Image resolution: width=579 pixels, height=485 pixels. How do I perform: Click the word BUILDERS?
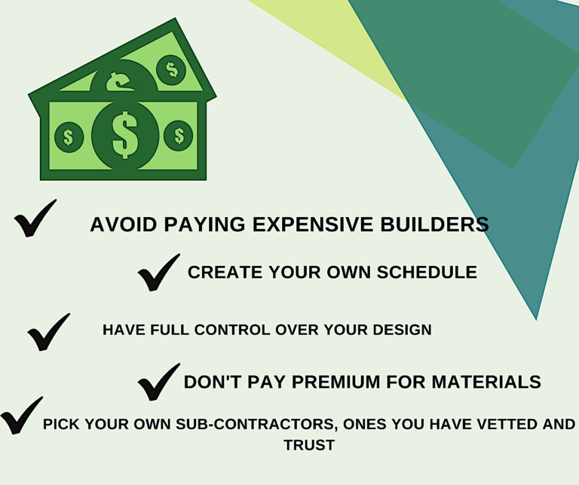click(434, 224)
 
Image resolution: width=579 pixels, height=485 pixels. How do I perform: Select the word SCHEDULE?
click(427, 272)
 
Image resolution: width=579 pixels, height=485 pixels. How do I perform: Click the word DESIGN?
click(402, 330)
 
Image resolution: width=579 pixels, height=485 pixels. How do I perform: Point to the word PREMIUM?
click(335, 382)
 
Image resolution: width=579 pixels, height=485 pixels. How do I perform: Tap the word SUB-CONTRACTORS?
click(256, 424)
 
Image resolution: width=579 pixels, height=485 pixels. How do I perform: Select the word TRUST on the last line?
click(309, 445)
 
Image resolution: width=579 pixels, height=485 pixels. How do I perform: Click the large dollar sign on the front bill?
click(125, 135)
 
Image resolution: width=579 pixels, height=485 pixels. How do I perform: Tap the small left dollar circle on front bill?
click(69, 137)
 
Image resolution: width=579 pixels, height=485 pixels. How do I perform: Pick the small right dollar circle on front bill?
click(179, 136)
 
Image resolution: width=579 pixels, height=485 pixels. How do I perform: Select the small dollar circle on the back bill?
click(171, 70)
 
